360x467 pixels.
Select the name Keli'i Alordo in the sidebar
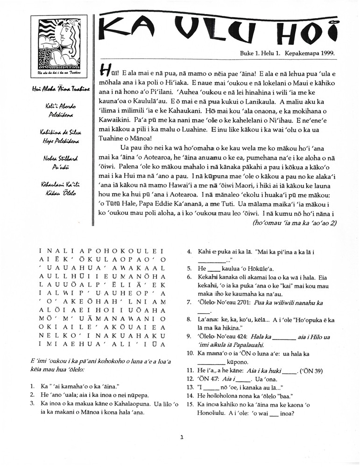click(x=55, y=107)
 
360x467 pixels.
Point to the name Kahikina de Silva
click(x=55, y=133)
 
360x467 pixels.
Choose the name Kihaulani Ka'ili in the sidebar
click(x=55, y=185)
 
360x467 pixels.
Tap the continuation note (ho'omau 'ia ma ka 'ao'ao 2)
click(x=294, y=223)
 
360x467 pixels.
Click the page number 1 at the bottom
click(x=182, y=438)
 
